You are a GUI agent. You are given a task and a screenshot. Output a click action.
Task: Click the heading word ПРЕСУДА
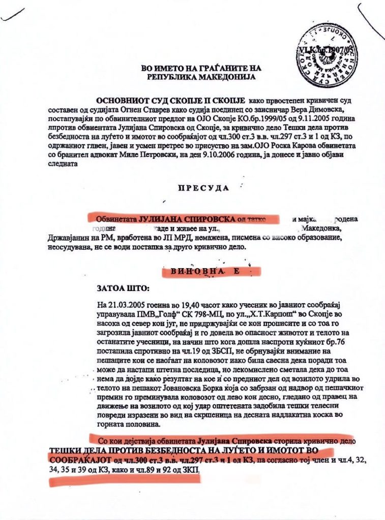click(203, 187)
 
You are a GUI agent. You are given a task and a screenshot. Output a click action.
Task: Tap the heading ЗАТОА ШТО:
click(124, 288)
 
